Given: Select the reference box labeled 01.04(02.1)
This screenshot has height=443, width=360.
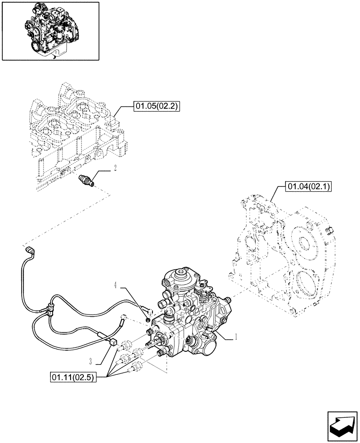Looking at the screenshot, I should pos(306,187).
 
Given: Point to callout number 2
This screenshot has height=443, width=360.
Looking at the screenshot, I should pos(115,168).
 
